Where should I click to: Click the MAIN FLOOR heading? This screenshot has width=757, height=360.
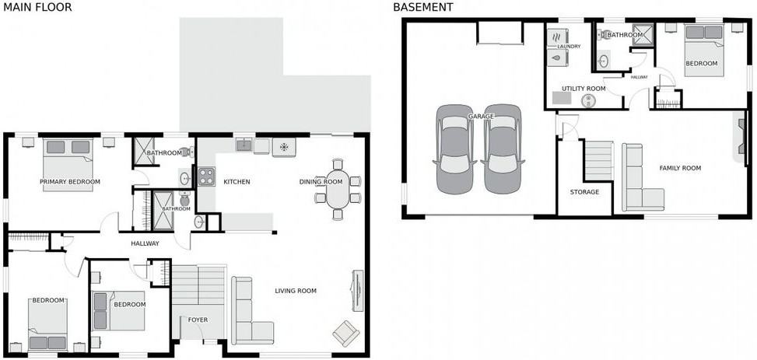coord(37,7)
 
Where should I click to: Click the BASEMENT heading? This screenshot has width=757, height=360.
coord(423,7)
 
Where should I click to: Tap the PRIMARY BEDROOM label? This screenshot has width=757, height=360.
coord(70,182)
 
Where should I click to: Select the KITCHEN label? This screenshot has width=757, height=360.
coord(237,182)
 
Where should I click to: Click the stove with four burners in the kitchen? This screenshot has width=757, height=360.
coord(207,177)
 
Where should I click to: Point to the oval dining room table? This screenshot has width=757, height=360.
coord(338,189)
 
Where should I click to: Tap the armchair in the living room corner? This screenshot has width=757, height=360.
coord(346,333)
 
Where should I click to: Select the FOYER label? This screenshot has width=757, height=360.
coord(198,320)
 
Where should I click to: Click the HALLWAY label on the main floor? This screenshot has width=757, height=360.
coord(145,243)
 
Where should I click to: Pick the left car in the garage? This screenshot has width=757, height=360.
coord(455,149)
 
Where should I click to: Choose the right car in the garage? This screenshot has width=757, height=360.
coord(503,149)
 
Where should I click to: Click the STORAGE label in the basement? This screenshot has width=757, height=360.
coord(584,192)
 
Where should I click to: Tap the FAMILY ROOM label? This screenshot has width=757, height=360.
coord(680,169)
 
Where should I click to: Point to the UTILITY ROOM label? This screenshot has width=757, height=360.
coord(584,89)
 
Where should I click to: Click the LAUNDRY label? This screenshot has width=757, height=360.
coord(569,47)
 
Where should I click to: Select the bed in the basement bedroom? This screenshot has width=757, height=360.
coord(704,51)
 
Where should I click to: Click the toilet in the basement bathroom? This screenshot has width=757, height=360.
coord(602,35)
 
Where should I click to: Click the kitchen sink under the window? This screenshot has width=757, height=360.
coord(244,145)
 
